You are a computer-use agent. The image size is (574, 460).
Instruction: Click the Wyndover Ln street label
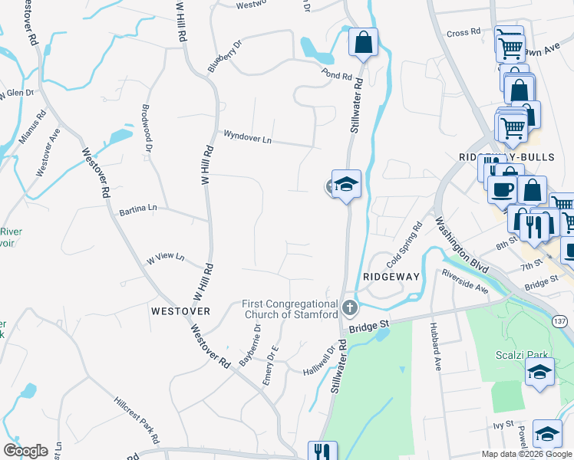click(x=247, y=136)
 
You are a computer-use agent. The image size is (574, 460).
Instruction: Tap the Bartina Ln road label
click(x=138, y=209)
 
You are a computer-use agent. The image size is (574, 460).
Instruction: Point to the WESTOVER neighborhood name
click(x=180, y=311)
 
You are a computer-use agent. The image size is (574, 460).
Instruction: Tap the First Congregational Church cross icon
click(x=350, y=308)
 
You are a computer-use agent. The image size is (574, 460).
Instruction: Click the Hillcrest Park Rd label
click(x=137, y=420)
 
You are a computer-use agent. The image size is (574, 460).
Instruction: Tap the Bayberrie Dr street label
click(x=250, y=345)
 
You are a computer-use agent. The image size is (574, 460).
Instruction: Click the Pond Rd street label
click(x=337, y=77)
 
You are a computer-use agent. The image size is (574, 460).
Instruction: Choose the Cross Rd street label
click(x=463, y=32)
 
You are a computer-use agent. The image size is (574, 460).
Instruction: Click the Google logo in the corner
click(x=25, y=451)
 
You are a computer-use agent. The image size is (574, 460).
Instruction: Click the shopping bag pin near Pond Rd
click(x=364, y=42)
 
